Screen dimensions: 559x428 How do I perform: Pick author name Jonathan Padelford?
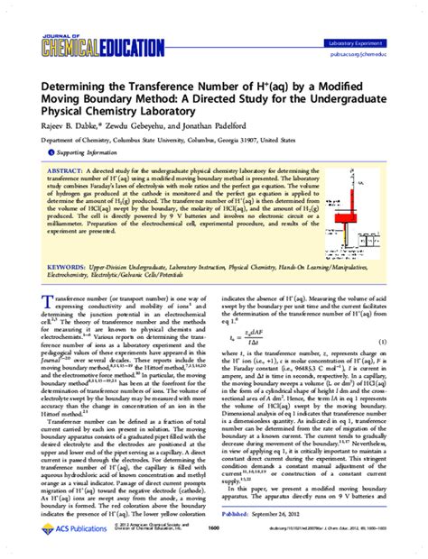pyautogui.click(x=238, y=126)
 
